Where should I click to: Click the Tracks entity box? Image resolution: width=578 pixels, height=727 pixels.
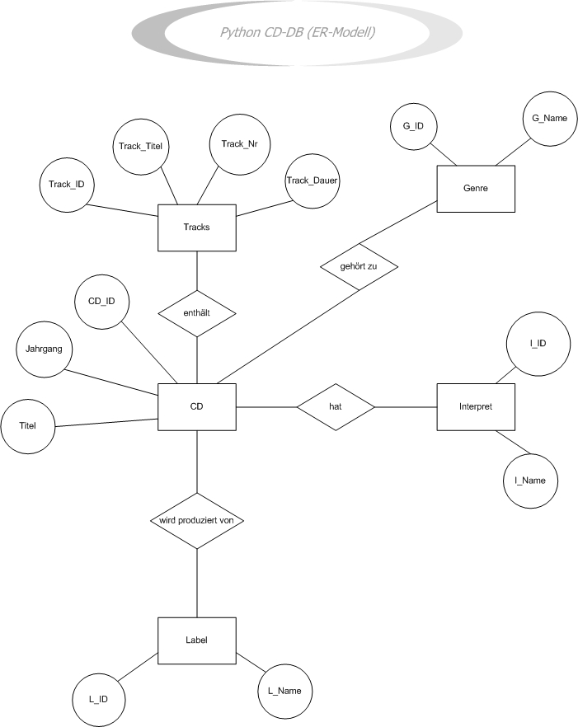(x=197, y=228)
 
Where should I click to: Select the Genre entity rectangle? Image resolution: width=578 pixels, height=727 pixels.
(x=476, y=188)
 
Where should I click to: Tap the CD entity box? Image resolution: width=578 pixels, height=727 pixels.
(x=197, y=406)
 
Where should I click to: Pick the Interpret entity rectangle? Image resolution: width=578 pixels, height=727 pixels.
(x=476, y=406)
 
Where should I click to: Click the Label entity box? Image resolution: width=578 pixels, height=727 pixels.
(x=197, y=640)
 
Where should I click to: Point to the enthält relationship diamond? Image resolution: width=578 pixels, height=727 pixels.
(x=197, y=313)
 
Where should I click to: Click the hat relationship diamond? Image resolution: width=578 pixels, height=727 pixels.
(x=336, y=406)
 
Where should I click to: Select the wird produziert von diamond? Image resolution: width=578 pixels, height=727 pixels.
(x=197, y=521)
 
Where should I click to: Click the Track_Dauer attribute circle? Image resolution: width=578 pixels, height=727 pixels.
(x=312, y=180)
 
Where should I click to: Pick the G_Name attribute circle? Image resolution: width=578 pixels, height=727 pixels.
(x=544, y=118)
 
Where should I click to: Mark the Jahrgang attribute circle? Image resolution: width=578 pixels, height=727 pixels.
(x=44, y=348)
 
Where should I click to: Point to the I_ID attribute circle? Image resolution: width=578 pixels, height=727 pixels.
(x=538, y=342)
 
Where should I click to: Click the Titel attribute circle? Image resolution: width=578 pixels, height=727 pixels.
(x=30, y=426)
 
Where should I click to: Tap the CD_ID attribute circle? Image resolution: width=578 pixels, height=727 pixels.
(x=101, y=301)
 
